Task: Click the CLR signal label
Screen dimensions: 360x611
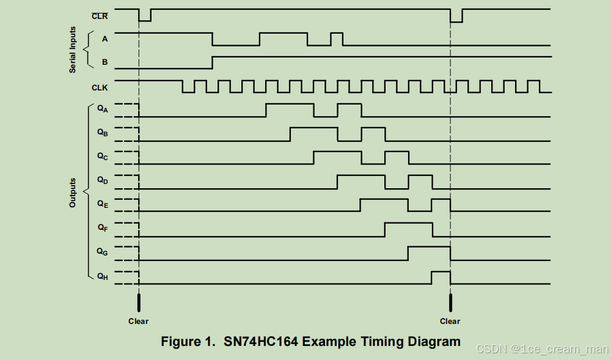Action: pyautogui.click(x=100, y=16)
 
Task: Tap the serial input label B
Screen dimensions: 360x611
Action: pyautogui.click(x=104, y=62)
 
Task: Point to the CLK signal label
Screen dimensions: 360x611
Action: pyautogui.click(x=100, y=87)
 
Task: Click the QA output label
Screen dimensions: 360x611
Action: pyautogui.click(x=102, y=109)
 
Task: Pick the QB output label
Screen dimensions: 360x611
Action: pyautogui.click(x=102, y=132)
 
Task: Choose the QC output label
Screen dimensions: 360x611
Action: pyautogui.click(x=102, y=156)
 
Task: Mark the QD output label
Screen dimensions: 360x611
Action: pyautogui.click(x=102, y=180)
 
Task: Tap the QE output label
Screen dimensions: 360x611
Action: pyautogui.click(x=102, y=204)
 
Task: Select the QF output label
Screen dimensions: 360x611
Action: pyautogui.click(x=102, y=227)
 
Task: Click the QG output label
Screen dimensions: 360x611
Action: pyautogui.click(x=102, y=251)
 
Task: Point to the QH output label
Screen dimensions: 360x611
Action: pyautogui.click(x=102, y=276)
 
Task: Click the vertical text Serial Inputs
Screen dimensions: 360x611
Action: pyautogui.click(x=73, y=50)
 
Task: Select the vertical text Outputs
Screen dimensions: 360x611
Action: pyautogui.click(x=73, y=193)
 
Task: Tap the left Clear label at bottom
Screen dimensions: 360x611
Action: pyautogui.click(x=138, y=321)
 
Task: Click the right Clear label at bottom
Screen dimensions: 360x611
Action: pyautogui.click(x=450, y=321)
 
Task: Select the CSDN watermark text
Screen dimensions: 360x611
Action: pyautogui.click(x=541, y=348)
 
